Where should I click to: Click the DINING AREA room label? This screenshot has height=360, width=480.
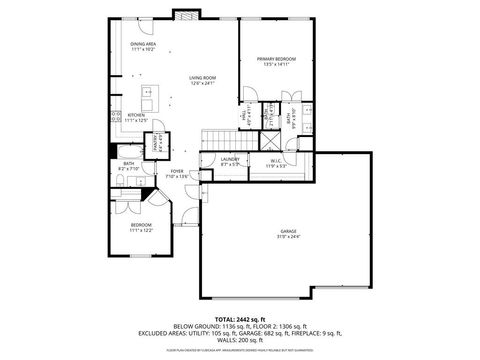coord(143,44)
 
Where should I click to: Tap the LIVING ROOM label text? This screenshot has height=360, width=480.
coord(204,78)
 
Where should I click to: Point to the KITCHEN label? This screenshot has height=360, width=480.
coord(136,115)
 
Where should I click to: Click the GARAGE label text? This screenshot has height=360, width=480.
coord(288,231)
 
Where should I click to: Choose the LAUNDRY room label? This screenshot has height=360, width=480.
coord(230,158)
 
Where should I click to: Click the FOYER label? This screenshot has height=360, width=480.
coord(177,171)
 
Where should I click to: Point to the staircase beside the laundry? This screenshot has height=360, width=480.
coord(218,141)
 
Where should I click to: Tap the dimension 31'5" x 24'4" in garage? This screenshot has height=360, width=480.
coord(288,238)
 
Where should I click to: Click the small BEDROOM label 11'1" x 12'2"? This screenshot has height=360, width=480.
coord(141,226)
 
